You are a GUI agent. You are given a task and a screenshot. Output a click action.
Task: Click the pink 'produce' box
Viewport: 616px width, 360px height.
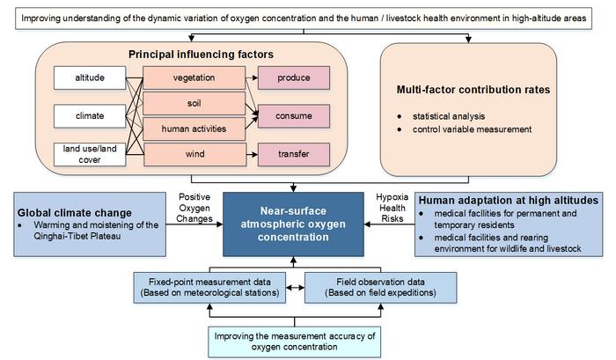293,78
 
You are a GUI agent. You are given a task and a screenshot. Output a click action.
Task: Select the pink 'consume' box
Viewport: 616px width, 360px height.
293,115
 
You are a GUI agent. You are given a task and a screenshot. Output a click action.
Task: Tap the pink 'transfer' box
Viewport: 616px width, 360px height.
293,156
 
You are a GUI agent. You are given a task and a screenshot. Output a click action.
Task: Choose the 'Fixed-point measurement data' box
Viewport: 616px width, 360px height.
209,286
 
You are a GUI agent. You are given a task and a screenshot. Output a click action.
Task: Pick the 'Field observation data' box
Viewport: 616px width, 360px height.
380,286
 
